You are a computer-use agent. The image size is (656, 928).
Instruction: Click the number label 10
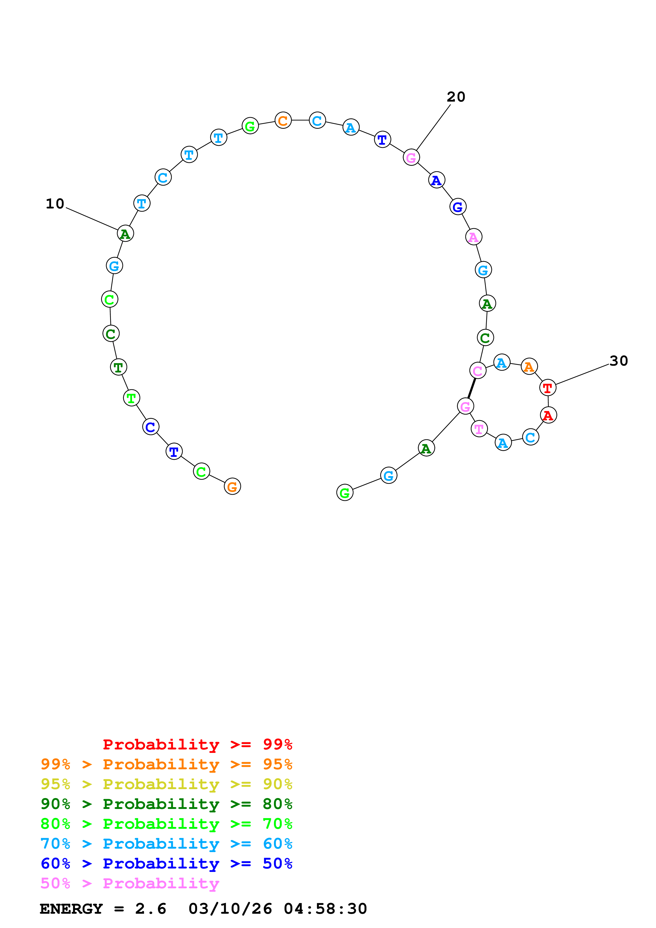coord(55,204)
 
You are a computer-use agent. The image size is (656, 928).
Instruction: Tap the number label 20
coord(456,97)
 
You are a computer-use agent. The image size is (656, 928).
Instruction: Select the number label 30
coord(618,361)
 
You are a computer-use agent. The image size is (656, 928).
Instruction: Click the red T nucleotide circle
coord(548,388)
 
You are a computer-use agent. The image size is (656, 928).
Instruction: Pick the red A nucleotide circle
coord(548,415)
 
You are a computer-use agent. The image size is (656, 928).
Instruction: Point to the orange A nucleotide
coord(529,367)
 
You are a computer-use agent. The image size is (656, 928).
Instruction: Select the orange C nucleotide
coord(283,120)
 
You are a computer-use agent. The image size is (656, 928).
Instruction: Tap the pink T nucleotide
coord(479,429)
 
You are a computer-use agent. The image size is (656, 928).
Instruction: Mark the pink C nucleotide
coord(478,370)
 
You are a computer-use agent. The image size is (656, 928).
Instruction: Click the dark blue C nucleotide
coord(151,427)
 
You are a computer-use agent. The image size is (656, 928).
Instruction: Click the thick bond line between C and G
coord(472,388)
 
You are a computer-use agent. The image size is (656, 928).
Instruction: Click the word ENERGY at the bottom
coord(71,909)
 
